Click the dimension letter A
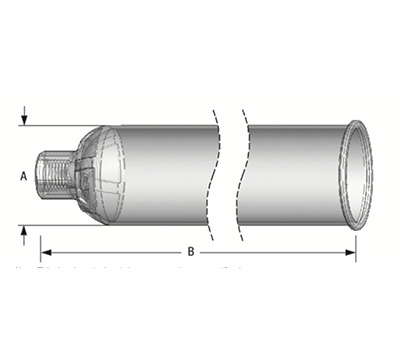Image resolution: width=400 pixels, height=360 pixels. (x=23, y=174)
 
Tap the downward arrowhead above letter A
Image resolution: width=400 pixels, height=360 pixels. (x=23, y=119)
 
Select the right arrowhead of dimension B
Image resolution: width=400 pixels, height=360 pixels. (x=351, y=251)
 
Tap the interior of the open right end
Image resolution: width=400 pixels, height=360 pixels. (x=363, y=172)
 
